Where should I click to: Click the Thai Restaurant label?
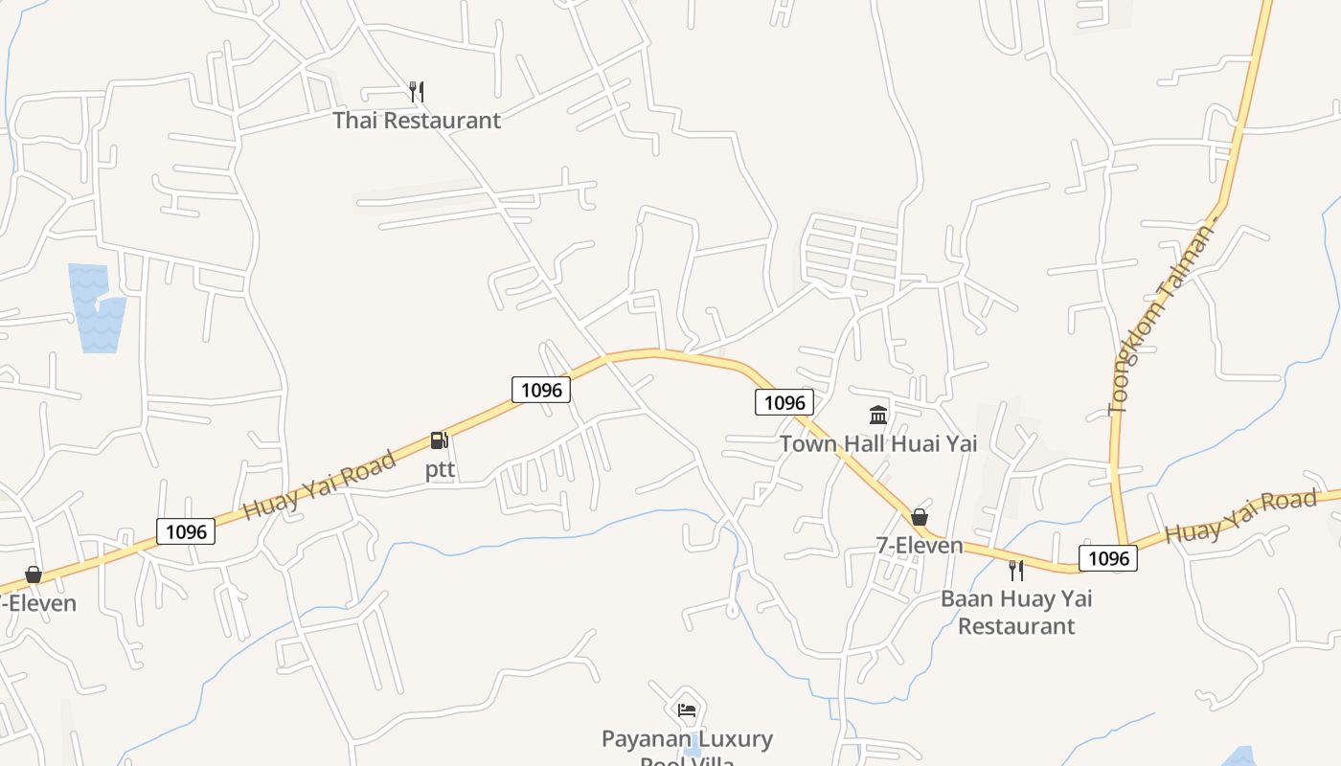417,121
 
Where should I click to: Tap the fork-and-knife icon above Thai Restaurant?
416,92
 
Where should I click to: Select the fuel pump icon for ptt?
440,440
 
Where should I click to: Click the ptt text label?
440,470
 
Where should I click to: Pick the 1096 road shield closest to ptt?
541,390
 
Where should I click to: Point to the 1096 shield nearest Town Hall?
784,402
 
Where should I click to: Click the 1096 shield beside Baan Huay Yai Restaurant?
1108,558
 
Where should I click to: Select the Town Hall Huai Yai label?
878,443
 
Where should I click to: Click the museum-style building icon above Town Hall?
878,415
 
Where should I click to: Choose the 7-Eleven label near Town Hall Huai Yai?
920,546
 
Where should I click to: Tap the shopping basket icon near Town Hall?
920,517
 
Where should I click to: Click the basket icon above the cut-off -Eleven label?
34,574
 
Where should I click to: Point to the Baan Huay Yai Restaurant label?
1016,613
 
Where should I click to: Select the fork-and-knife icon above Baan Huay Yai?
1016,571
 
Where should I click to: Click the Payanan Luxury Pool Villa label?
687,747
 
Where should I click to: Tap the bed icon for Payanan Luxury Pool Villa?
687,710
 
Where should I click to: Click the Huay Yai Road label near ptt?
319,485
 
